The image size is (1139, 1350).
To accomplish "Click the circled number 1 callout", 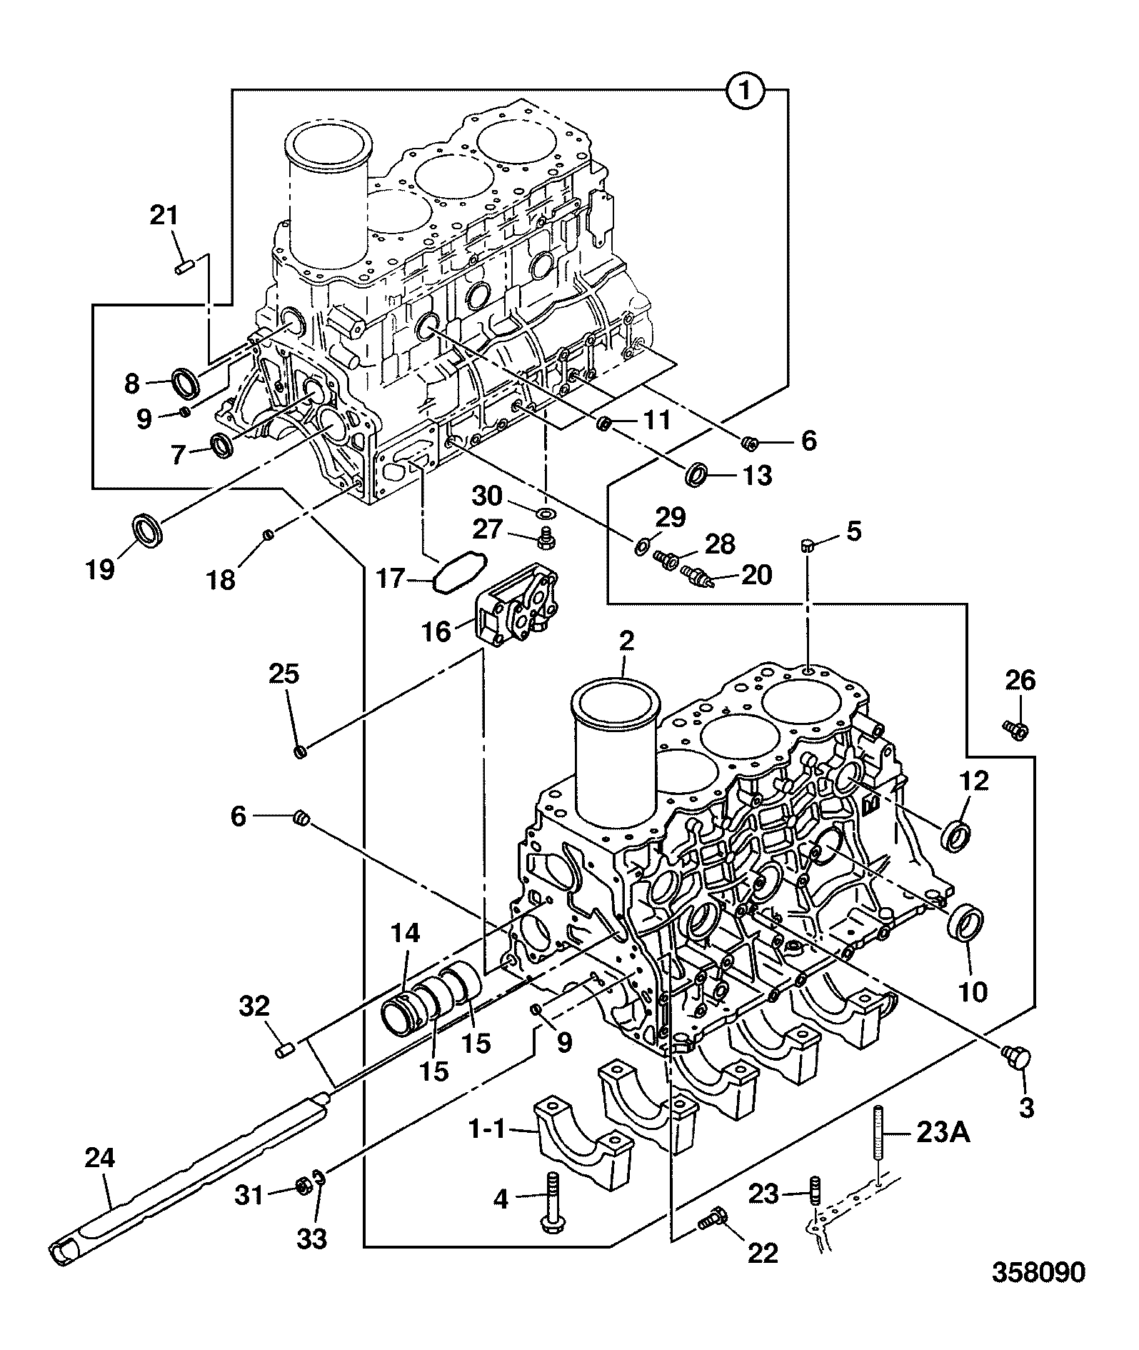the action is coord(746,91).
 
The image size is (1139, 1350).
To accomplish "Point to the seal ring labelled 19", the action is coord(149,530).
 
